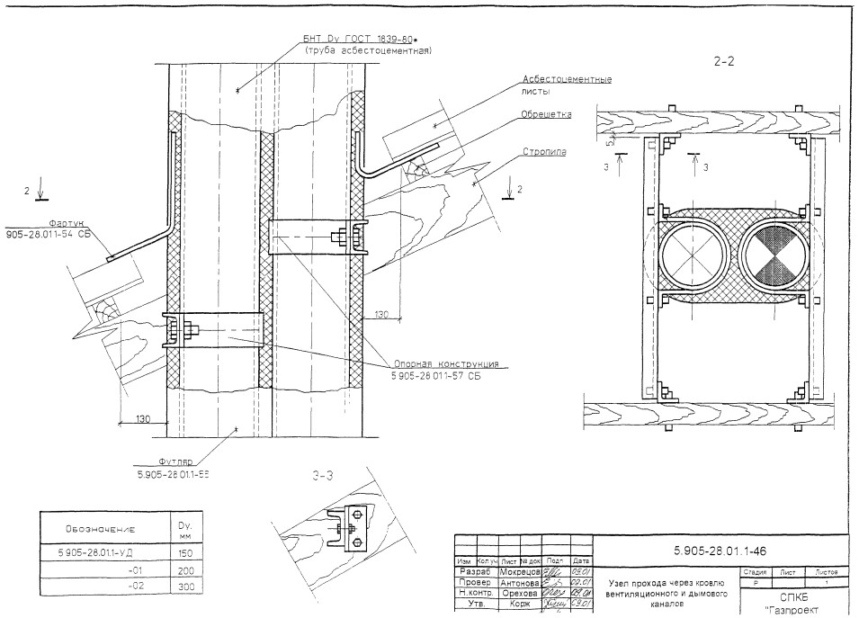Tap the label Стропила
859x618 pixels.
point(544,152)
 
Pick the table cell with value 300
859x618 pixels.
point(187,587)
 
